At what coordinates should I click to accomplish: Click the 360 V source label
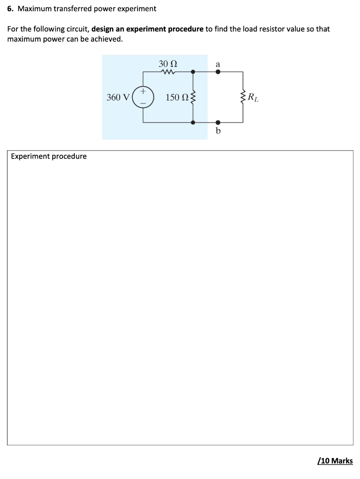point(118,97)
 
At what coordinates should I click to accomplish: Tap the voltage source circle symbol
point(143,97)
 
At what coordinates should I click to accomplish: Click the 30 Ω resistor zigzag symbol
point(167,72)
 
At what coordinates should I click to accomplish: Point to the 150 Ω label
point(177,97)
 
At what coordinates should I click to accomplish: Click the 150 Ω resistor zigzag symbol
point(193,97)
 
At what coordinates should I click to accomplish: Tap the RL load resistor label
point(252,98)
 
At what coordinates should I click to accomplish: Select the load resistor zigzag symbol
point(243,97)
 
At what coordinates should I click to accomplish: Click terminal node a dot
point(218,72)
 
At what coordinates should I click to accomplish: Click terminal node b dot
point(218,123)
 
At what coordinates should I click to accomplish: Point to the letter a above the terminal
point(218,63)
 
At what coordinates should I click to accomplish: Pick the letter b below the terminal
point(218,131)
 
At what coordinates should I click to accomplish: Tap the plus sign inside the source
point(143,92)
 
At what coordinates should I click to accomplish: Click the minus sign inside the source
point(143,103)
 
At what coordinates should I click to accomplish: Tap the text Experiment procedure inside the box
point(49,156)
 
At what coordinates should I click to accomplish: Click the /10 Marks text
point(335,461)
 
